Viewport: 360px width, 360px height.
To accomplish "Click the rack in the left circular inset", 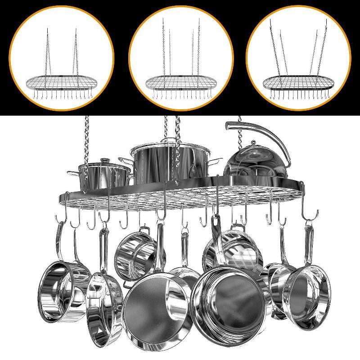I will pyautogui.click(x=61, y=82).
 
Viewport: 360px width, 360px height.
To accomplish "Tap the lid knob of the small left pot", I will pyautogui.click(x=105, y=161).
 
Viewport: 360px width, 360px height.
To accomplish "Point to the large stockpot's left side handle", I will pyautogui.click(x=125, y=161).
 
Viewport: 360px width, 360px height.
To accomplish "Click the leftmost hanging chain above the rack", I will pyautogui.click(x=85, y=139).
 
